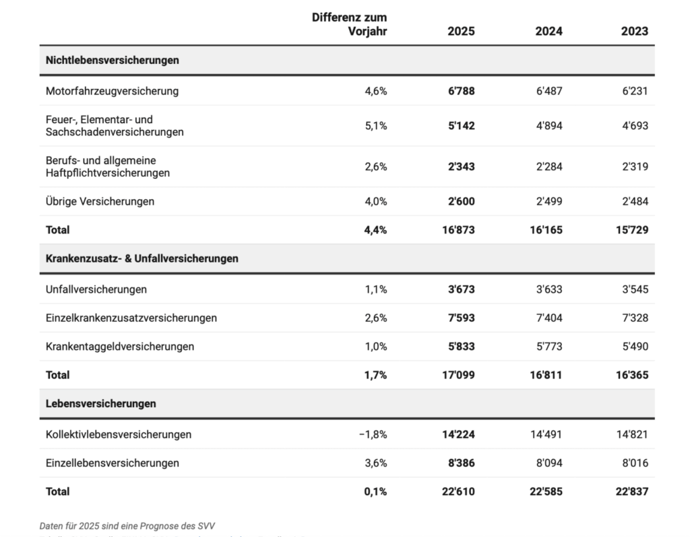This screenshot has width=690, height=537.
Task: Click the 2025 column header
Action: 461,31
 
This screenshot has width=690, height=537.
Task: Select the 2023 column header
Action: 635,31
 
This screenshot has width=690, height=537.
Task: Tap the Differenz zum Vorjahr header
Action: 349,24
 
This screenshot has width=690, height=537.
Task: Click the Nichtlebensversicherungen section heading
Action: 113,60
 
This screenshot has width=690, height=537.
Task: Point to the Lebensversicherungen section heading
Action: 101,404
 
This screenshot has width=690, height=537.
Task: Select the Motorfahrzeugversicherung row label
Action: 112,91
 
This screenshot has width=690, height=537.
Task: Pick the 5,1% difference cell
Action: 376,126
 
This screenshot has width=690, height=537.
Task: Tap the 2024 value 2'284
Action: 548,167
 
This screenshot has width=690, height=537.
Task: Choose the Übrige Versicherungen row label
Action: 100,201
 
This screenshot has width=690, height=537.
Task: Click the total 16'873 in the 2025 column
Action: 458,230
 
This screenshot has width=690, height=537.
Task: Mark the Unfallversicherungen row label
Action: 96,289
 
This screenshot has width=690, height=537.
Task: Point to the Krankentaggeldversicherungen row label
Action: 120,347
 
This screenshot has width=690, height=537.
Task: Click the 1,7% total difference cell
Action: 376,375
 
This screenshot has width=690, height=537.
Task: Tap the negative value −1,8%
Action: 373,434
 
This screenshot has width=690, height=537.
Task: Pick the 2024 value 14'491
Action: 546,434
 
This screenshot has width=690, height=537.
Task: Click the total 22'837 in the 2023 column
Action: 631,491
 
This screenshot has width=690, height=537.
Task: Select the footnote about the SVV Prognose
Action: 127,526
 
